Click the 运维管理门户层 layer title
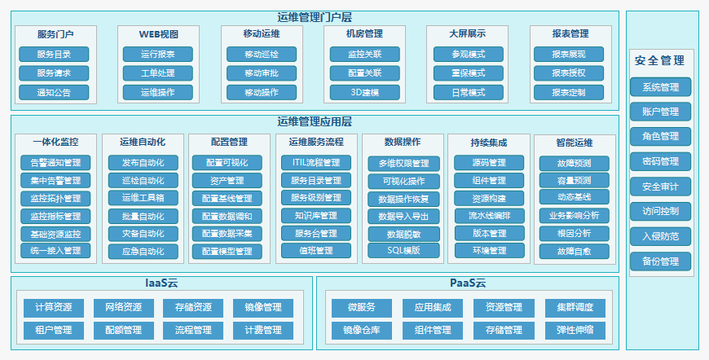(x=314, y=17)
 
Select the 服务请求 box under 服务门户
(x=55, y=73)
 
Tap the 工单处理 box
(x=158, y=73)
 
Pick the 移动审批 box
(x=262, y=73)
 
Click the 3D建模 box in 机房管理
(x=364, y=92)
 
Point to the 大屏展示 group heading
(x=467, y=34)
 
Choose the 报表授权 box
(x=569, y=73)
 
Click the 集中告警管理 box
(x=55, y=180)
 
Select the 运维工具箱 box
(x=143, y=198)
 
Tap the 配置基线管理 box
(x=227, y=198)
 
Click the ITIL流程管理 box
(x=316, y=163)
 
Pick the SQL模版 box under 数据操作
(x=403, y=250)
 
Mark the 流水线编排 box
(x=489, y=216)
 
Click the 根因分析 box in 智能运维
(x=574, y=233)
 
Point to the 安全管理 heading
(x=660, y=60)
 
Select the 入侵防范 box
(x=660, y=236)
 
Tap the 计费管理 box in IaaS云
(x=262, y=330)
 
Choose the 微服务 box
(x=362, y=308)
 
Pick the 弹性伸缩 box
(x=575, y=330)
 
